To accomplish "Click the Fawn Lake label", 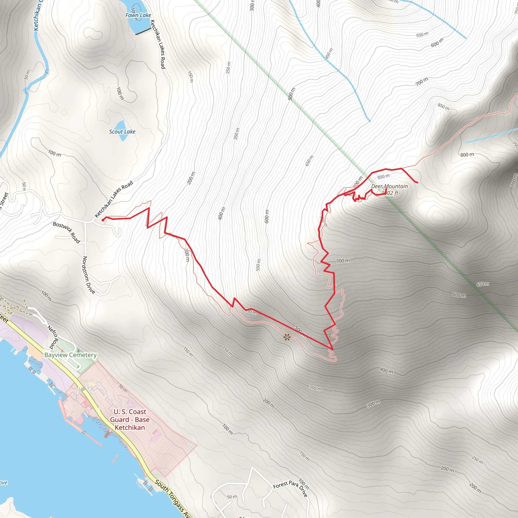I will tap(138, 15).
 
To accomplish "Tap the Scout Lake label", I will tap(122, 132).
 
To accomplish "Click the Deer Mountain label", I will tap(389, 186).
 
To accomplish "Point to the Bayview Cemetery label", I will tap(70, 355).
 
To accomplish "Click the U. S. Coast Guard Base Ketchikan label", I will tap(130, 420).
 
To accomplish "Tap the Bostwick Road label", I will tap(66, 232).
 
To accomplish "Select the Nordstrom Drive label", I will tap(89, 275).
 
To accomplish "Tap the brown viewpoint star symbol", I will tap(287, 337).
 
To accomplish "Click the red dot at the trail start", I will tap(103, 220).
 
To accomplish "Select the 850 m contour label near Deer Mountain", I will tap(383, 177).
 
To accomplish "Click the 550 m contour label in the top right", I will tap(422, 35).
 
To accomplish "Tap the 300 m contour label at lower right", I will tap(373, 404).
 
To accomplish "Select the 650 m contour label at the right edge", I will tap(483, 284).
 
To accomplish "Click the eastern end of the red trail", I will tap(417, 183).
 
